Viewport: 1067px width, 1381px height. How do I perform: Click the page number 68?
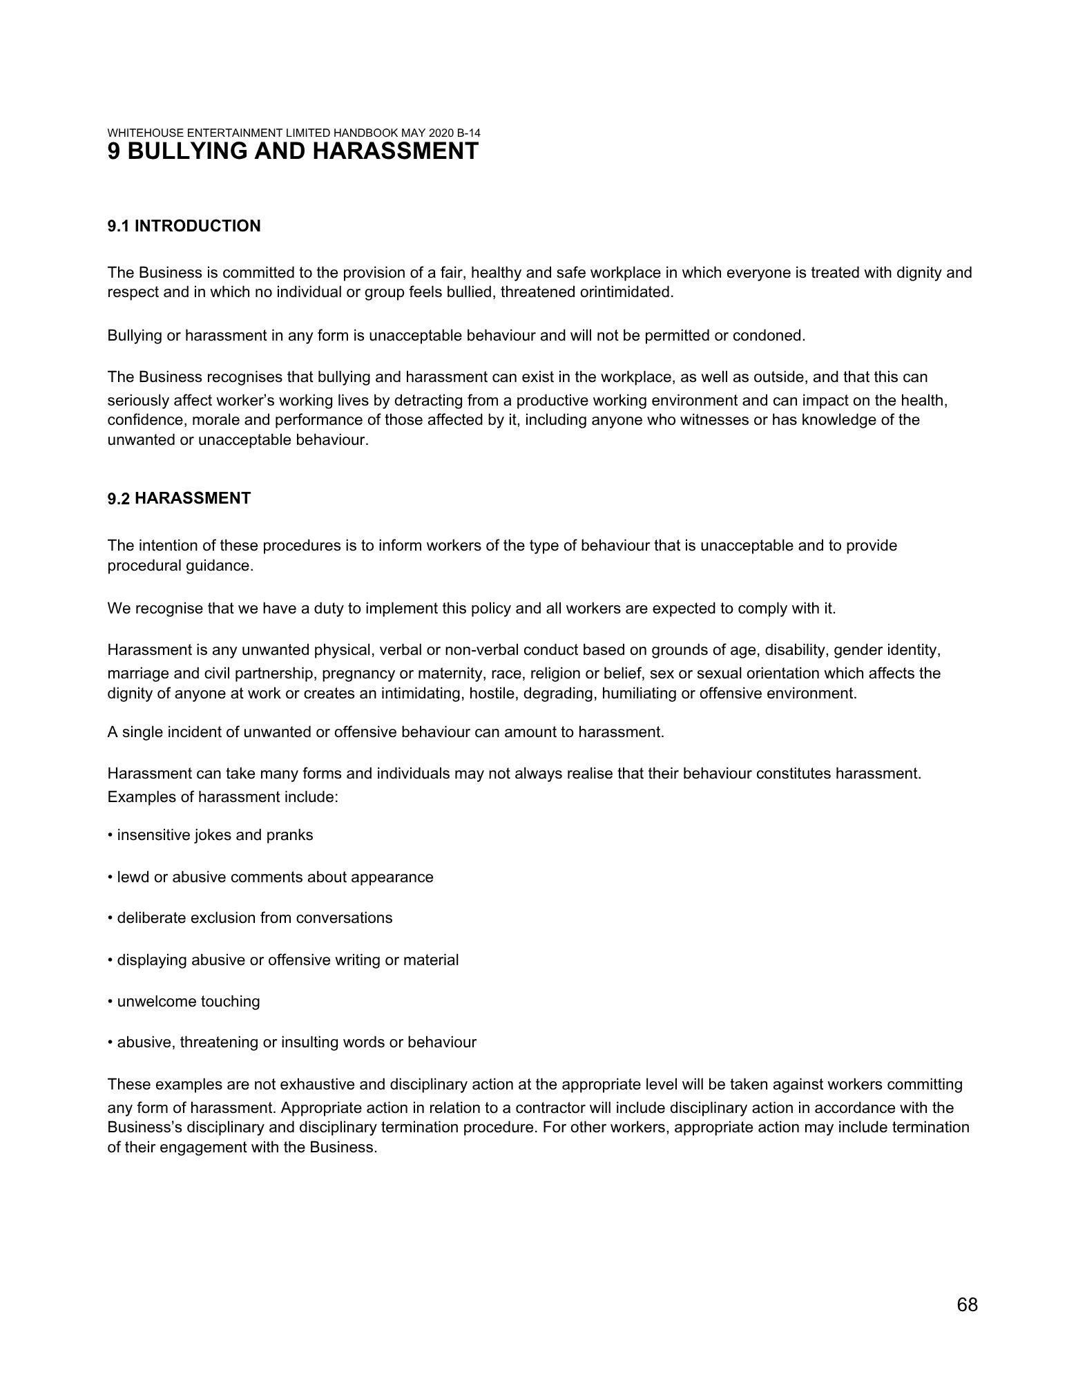(x=967, y=1305)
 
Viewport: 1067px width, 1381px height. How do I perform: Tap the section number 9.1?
(x=119, y=226)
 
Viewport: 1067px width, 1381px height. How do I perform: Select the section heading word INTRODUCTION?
(x=198, y=226)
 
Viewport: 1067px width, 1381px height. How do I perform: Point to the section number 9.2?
(x=119, y=499)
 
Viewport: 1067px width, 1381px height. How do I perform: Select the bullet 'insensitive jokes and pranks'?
(x=214, y=835)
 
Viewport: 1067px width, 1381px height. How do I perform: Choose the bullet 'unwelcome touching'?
(x=188, y=1002)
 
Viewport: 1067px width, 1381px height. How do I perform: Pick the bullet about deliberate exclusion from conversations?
(x=254, y=918)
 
